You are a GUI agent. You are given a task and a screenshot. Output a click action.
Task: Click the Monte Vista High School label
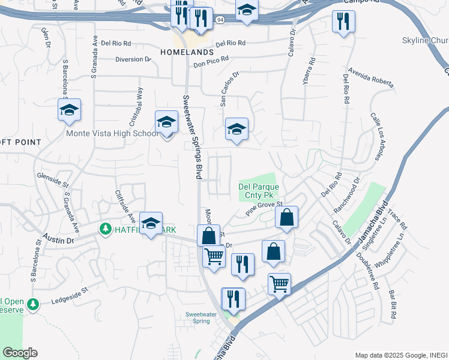coord(112,134)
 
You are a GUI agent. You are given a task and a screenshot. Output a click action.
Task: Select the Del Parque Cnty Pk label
coord(256,191)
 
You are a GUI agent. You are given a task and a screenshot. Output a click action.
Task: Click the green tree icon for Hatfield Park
coord(106,229)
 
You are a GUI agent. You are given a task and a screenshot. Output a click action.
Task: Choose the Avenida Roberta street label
coord(373,80)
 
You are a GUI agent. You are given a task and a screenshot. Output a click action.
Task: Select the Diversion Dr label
coord(133,59)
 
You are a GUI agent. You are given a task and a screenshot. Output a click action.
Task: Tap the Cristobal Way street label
coord(140,101)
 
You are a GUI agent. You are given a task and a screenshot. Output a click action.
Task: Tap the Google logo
coord(20,353)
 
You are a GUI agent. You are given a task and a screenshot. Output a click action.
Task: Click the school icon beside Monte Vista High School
coord(166,122)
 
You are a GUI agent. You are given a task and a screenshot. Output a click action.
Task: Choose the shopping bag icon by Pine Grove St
coord(287,218)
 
